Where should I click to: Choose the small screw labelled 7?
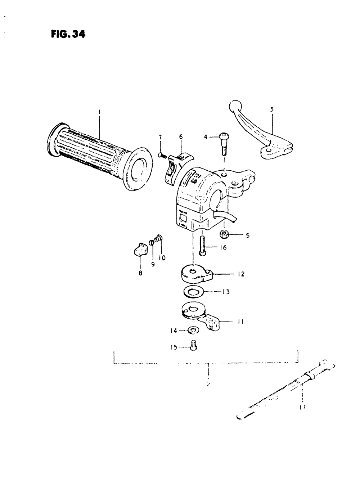pyautogui.click(x=162, y=156)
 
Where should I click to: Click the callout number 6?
pyautogui.click(x=181, y=136)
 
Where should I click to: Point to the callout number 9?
pyautogui.click(x=153, y=264)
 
